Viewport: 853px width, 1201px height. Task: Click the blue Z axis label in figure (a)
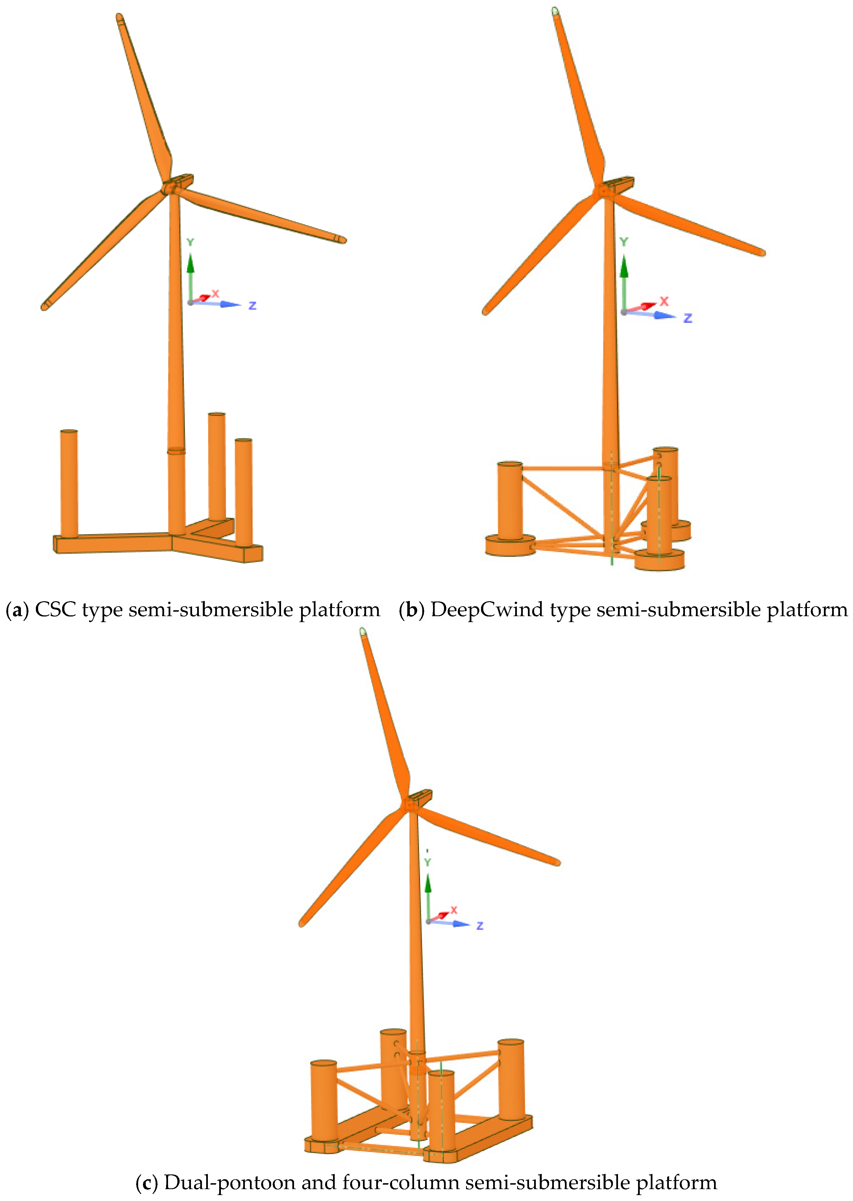(253, 305)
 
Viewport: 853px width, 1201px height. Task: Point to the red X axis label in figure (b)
(664, 301)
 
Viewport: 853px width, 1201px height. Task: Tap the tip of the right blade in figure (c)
(557, 862)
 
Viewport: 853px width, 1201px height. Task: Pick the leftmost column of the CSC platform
(69, 483)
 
